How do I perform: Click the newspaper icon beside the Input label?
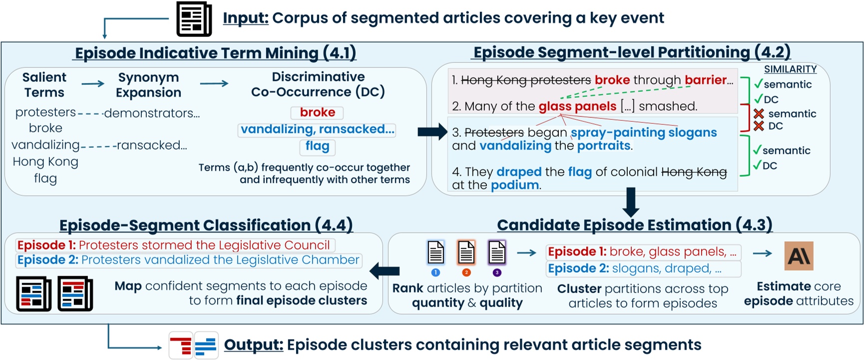coord(194,19)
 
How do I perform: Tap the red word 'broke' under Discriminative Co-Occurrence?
coord(317,112)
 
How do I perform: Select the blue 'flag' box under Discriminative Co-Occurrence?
coord(317,146)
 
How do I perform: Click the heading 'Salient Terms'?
coord(44,85)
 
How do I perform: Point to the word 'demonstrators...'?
coord(152,113)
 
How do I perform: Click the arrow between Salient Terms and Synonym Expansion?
coord(93,84)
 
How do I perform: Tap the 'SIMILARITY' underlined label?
coord(790,69)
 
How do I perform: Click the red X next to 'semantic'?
coord(759,114)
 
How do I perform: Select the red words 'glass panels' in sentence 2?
coord(577,106)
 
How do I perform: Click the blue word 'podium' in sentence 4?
coord(514,185)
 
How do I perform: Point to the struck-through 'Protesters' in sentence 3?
coord(494,133)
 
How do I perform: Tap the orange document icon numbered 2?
coord(466,252)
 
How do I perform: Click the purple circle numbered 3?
coord(497,273)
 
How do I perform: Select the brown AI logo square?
coord(799,256)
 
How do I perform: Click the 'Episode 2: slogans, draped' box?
coord(643,269)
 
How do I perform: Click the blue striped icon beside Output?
coord(206,346)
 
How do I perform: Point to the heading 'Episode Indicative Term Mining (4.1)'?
coord(215,53)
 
